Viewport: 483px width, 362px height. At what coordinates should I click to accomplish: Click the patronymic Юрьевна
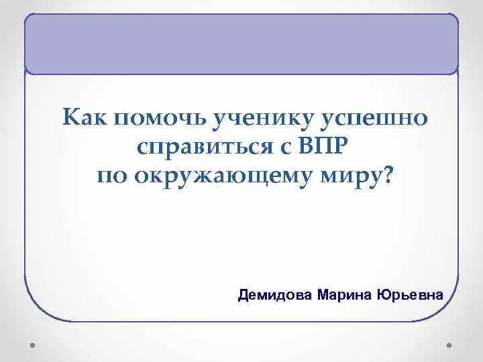pyautogui.click(x=411, y=295)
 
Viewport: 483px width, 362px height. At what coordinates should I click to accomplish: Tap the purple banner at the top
pyautogui.click(x=241, y=44)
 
